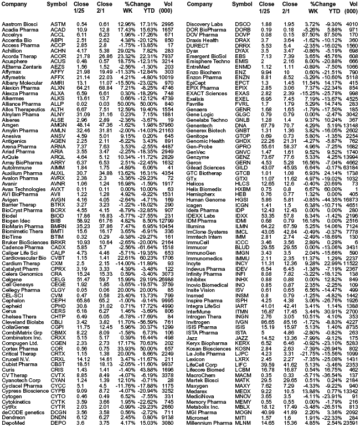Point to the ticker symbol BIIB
click(x=57, y=220)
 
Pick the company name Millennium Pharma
click(x=207, y=422)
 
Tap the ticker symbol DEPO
click(x=57, y=422)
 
